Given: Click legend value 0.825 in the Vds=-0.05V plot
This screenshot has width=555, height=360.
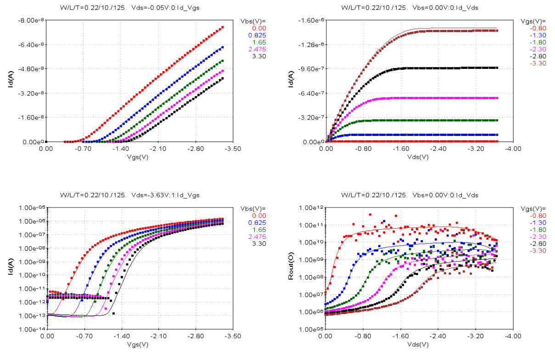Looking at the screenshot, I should (256, 35).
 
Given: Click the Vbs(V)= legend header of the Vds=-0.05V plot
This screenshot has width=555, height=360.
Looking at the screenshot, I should (253, 21).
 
